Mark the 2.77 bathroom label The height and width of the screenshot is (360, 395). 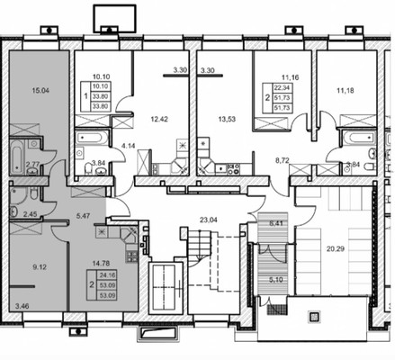[x=33, y=165]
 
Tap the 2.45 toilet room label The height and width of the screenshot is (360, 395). [x=30, y=214]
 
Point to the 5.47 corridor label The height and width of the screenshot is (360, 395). [x=84, y=215]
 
